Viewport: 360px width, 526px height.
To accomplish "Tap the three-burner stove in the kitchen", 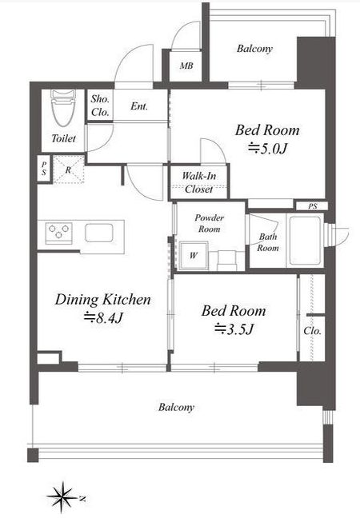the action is pyautogui.click(x=58, y=232).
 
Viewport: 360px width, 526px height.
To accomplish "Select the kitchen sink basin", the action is pyautogui.click(x=98, y=233).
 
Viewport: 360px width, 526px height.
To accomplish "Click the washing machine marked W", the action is pyautogui.click(x=194, y=256).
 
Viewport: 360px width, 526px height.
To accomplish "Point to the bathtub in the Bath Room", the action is pyautogui.click(x=305, y=240).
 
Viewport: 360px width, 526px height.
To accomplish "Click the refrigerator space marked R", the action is pyautogui.click(x=68, y=169).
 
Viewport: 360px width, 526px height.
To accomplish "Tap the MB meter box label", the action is pyautogui.click(x=186, y=66).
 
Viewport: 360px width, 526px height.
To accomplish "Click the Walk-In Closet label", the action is pyautogui.click(x=199, y=182).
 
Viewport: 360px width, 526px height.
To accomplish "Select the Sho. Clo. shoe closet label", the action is pyautogui.click(x=100, y=106).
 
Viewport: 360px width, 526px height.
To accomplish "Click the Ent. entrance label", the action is pyautogui.click(x=139, y=106).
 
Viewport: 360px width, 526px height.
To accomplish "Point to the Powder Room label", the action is pyautogui.click(x=210, y=223).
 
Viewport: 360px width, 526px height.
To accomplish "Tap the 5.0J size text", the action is pyautogui.click(x=268, y=148).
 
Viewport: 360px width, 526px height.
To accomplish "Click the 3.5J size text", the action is pyautogui.click(x=234, y=329).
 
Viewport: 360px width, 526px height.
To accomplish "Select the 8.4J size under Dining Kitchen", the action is pyautogui.click(x=103, y=317).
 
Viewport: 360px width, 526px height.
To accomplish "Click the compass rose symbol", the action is pyautogui.click(x=62, y=496).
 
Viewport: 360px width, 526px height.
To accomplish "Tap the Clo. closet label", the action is pyautogui.click(x=312, y=331).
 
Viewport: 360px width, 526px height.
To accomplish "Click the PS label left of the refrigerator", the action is pyautogui.click(x=44, y=169).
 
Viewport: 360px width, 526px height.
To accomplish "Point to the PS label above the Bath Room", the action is pyautogui.click(x=313, y=206).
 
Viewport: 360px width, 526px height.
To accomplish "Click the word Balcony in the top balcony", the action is pyautogui.click(x=254, y=49).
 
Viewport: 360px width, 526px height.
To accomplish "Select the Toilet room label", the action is pyautogui.click(x=63, y=137).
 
